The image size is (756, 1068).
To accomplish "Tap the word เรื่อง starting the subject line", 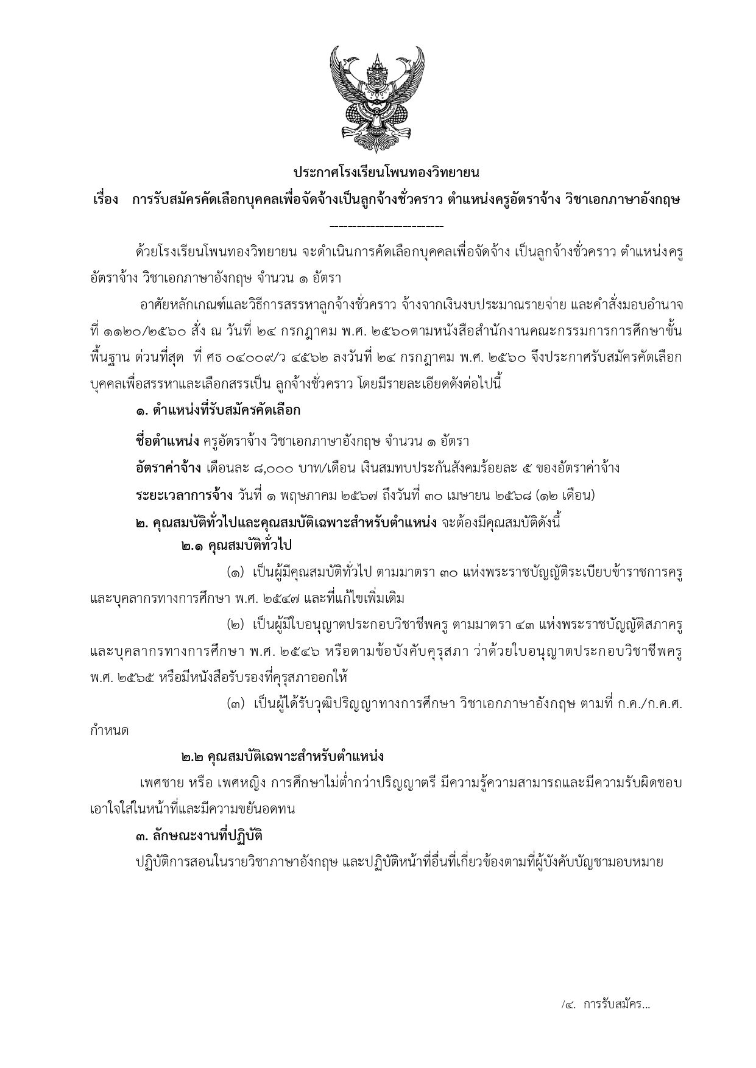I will [x=105, y=200].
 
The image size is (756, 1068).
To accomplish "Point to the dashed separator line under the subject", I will [x=386, y=227].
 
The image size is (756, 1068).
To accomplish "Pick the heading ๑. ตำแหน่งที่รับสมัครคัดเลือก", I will [x=218, y=411].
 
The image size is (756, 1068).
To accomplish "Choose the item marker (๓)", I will [x=236, y=704].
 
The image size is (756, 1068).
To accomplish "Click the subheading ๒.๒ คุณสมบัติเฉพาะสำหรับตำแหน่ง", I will [x=282, y=757].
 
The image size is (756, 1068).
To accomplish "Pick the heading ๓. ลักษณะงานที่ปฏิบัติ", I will [x=199, y=836].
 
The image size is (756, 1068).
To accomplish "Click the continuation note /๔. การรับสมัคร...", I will [x=606, y=1004].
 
